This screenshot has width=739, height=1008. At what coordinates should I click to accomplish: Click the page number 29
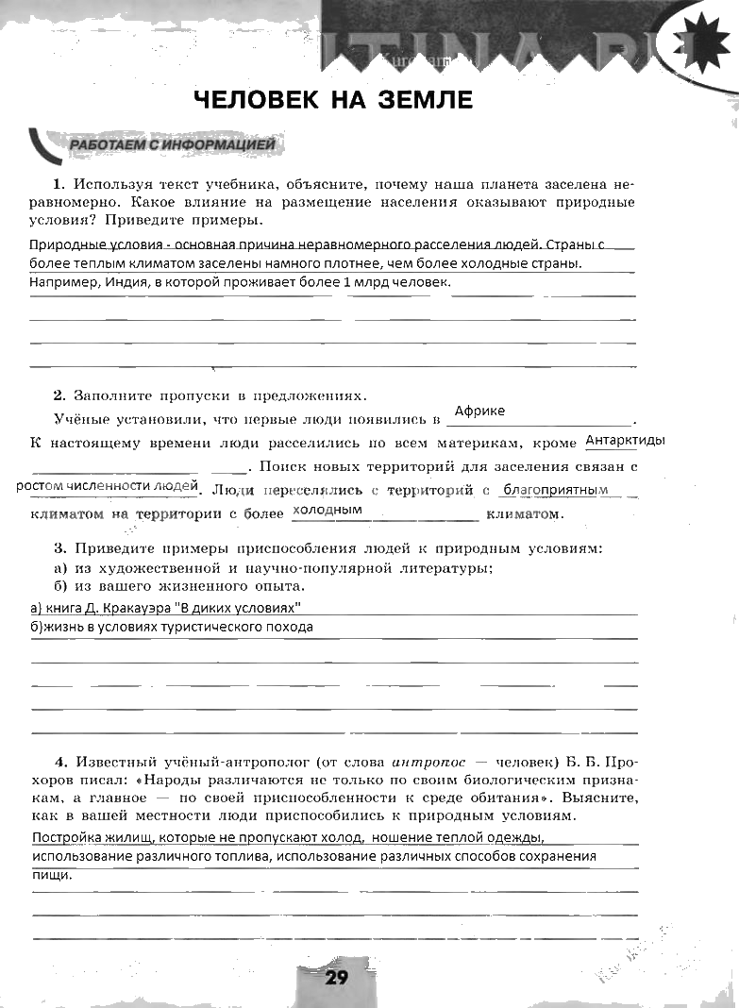(337, 977)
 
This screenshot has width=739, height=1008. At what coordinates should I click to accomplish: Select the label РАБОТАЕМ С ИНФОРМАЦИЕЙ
(172, 145)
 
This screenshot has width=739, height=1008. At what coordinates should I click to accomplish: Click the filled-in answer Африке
(479, 411)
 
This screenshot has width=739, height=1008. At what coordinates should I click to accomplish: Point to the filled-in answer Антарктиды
(626, 441)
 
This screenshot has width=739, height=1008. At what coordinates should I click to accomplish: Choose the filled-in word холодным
(328, 509)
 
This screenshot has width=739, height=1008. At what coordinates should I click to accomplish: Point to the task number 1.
(58, 183)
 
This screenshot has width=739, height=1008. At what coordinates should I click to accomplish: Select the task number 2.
(58, 395)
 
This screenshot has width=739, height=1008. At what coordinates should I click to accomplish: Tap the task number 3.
(58, 547)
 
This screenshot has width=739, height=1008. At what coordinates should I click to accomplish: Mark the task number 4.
(59, 761)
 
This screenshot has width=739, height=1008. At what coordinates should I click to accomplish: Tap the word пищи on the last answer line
(51, 875)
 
